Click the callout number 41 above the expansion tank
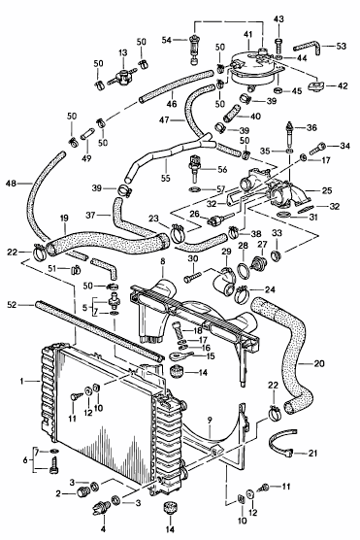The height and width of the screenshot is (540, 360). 247,35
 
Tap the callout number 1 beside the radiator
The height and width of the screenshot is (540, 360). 21,381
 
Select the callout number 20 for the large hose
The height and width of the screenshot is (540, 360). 319,363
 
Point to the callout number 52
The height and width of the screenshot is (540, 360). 12,305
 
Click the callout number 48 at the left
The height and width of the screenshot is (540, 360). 11,184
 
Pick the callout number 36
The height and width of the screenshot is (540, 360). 311,128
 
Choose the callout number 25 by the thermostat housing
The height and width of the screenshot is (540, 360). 327,190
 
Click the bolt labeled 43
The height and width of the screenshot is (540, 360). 278,44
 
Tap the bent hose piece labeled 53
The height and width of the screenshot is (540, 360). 308,48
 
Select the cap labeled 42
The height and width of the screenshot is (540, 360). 315,85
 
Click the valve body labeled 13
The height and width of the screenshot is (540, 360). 123,76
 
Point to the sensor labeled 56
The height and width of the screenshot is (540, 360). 195,167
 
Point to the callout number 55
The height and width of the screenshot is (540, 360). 166,178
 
